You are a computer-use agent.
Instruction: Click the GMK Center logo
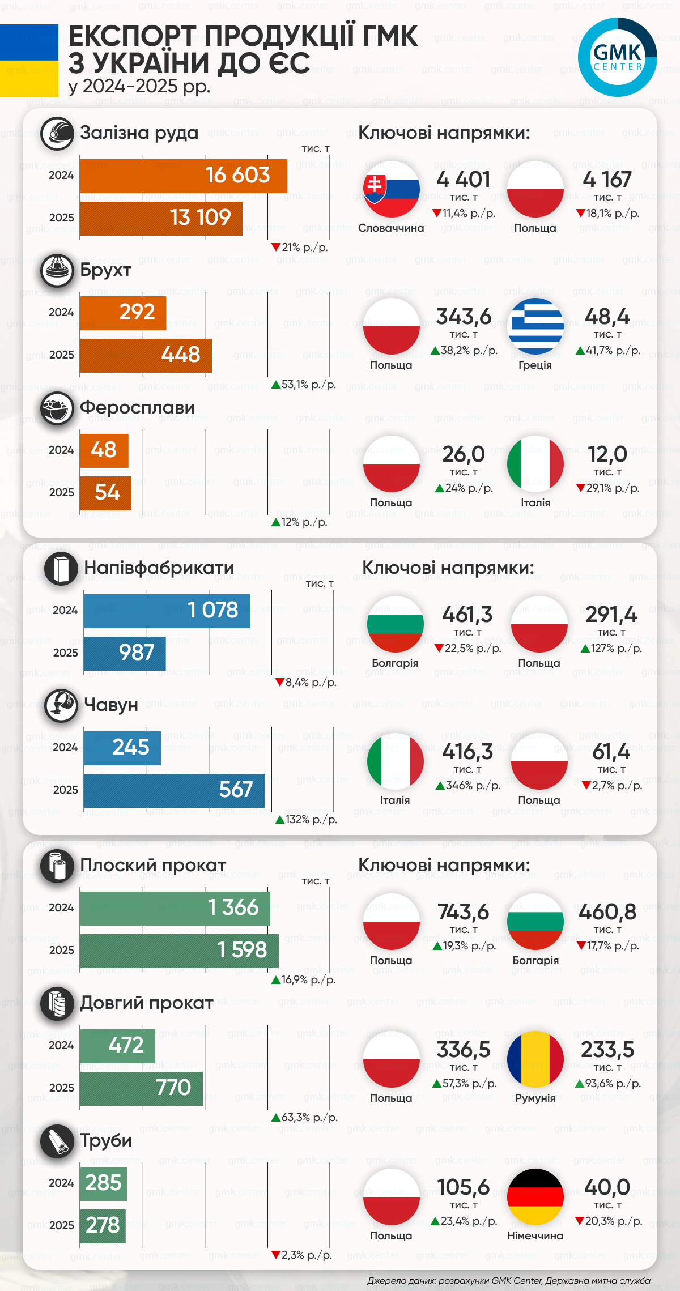[x=617, y=57]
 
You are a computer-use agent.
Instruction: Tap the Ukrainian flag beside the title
[x=29, y=61]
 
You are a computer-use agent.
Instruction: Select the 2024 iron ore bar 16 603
[x=183, y=176]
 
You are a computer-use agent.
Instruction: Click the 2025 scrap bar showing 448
[x=146, y=355]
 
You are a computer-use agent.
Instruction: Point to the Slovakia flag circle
[x=391, y=189]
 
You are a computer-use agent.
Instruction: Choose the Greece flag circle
[x=535, y=326]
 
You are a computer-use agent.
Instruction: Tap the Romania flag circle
[x=535, y=1059]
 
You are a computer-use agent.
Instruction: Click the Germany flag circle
[x=535, y=1196]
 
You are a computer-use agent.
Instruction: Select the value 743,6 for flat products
[x=463, y=911]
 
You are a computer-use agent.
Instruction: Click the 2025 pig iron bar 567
[x=174, y=790]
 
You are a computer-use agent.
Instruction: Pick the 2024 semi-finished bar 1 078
[x=167, y=610]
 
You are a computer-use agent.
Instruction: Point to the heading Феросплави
[x=137, y=407]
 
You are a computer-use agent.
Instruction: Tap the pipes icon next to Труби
[x=57, y=1141]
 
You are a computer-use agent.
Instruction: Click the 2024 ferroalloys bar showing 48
[x=104, y=450]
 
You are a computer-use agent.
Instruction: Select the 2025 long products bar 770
[x=141, y=1088]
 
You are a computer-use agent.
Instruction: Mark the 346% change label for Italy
[x=468, y=786]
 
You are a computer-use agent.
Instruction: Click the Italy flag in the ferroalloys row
[x=535, y=464]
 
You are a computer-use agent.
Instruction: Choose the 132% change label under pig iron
[x=306, y=819]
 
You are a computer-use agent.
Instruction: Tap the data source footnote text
[x=508, y=1280]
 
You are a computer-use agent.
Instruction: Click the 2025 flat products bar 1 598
[x=179, y=950]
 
